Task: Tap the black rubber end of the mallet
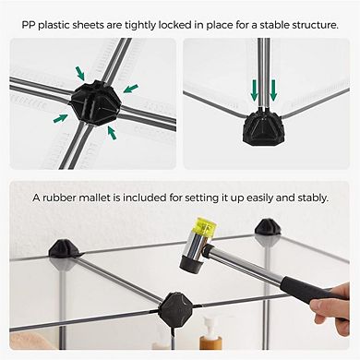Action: coord(191,264)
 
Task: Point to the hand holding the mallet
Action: coord(331,307)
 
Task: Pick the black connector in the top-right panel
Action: coord(262,127)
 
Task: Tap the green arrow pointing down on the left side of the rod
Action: coord(254,90)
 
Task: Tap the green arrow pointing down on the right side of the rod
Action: coord(273,90)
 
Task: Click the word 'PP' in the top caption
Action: coord(29,25)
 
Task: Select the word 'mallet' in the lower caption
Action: coord(94,198)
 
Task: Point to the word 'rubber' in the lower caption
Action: coord(59,198)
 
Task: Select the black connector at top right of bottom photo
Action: coord(267,227)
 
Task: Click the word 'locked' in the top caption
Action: coord(174,25)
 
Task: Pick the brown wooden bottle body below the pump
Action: coord(209,342)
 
